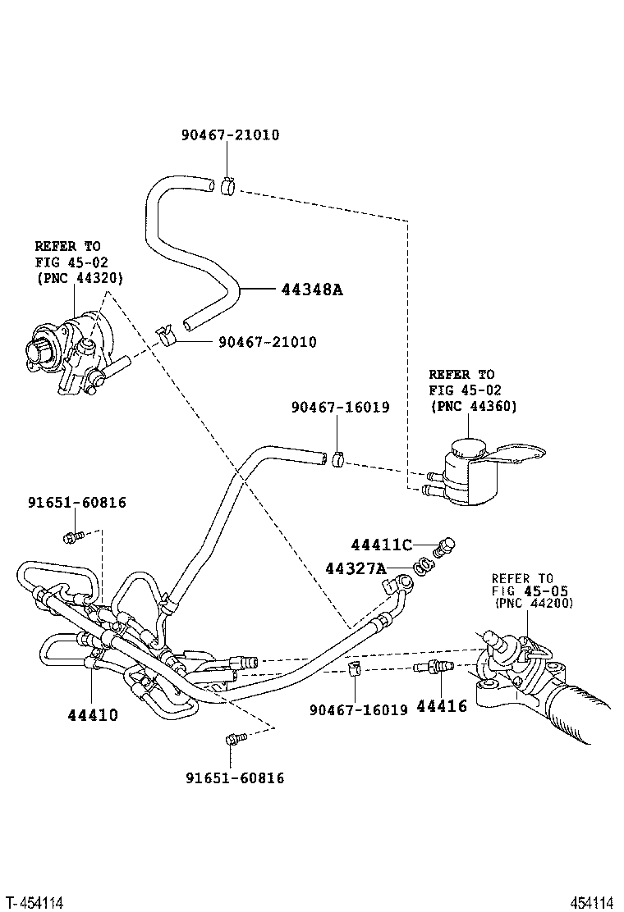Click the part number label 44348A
point(312,289)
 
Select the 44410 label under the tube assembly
point(93,714)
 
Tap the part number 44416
point(442,706)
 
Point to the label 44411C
point(381,545)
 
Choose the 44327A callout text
point(356,568)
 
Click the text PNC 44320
point(80,278)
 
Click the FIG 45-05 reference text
point(530,591)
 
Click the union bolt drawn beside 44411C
point(444,547)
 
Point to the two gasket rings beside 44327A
point(424,564)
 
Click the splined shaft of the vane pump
point(36,353)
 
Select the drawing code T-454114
point(33,902)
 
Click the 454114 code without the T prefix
point(593,902)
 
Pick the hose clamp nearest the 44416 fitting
point(353,668)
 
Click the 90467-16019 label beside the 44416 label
point(359,709)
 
